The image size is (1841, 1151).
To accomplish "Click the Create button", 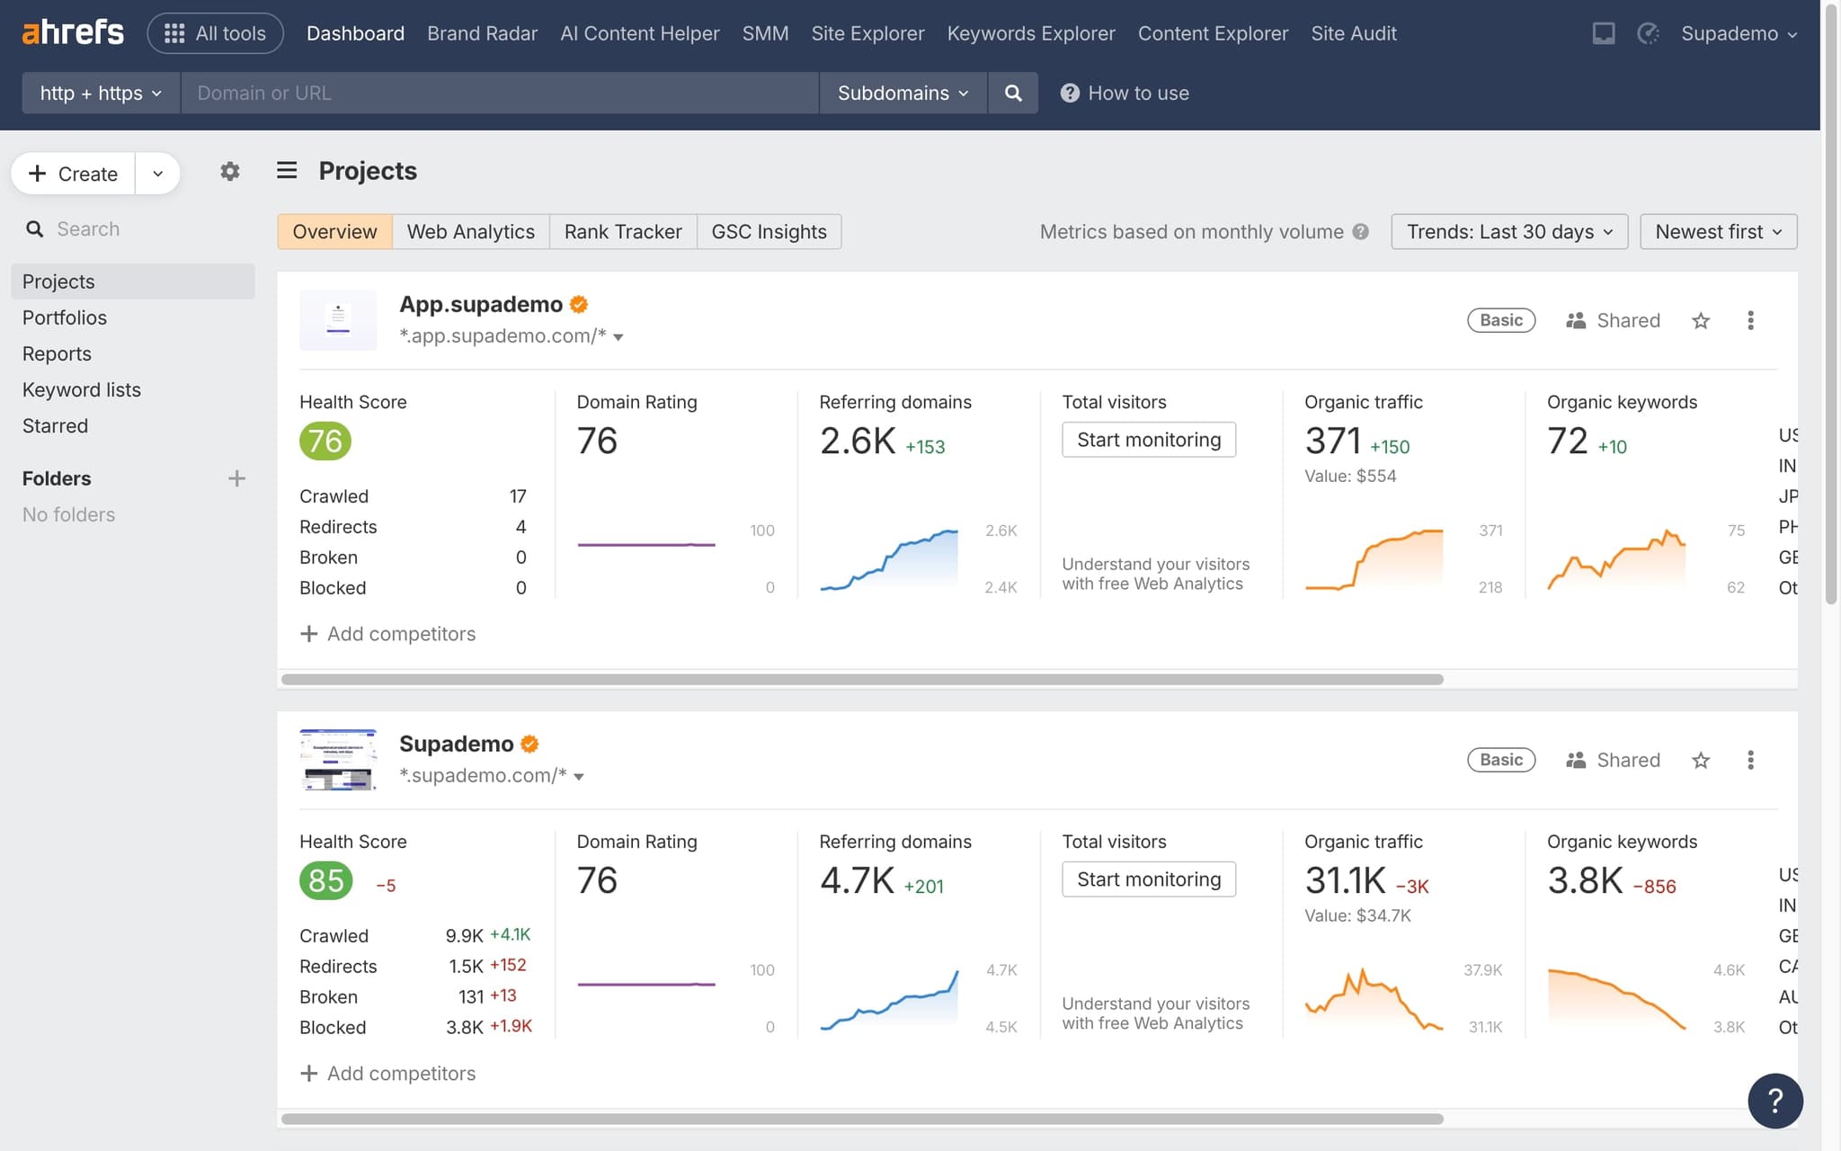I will click(74, 174).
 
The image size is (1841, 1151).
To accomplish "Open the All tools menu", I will click(216, 33).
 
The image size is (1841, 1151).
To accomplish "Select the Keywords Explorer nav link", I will click(1030, 33).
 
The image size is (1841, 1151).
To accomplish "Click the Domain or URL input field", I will click(499, 93).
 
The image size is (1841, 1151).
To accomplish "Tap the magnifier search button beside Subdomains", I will click(1012, 93).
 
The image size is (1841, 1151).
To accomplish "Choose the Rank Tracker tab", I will click(622, 231).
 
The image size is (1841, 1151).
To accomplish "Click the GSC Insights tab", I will click(769, 231).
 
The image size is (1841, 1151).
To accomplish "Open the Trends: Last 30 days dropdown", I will click(1508, 231).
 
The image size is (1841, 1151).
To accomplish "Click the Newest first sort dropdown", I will click(1717, 231).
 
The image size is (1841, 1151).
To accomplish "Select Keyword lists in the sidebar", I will click(82, 389).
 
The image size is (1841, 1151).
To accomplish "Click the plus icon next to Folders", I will click(236, 478).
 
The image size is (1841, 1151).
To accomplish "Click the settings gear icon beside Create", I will click(229, 172).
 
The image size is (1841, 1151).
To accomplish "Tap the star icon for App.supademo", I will click(1700, 321).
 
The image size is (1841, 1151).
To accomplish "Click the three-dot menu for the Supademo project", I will click(1749, 760).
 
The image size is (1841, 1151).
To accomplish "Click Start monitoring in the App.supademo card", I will click(1148, 440).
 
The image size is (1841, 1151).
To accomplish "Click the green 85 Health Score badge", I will click(325, 880).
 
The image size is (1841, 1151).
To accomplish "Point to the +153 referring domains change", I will click(925, 447).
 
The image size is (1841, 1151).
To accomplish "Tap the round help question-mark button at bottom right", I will click(1774, 1100).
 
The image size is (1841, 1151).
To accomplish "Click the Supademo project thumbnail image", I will click(338, 760).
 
